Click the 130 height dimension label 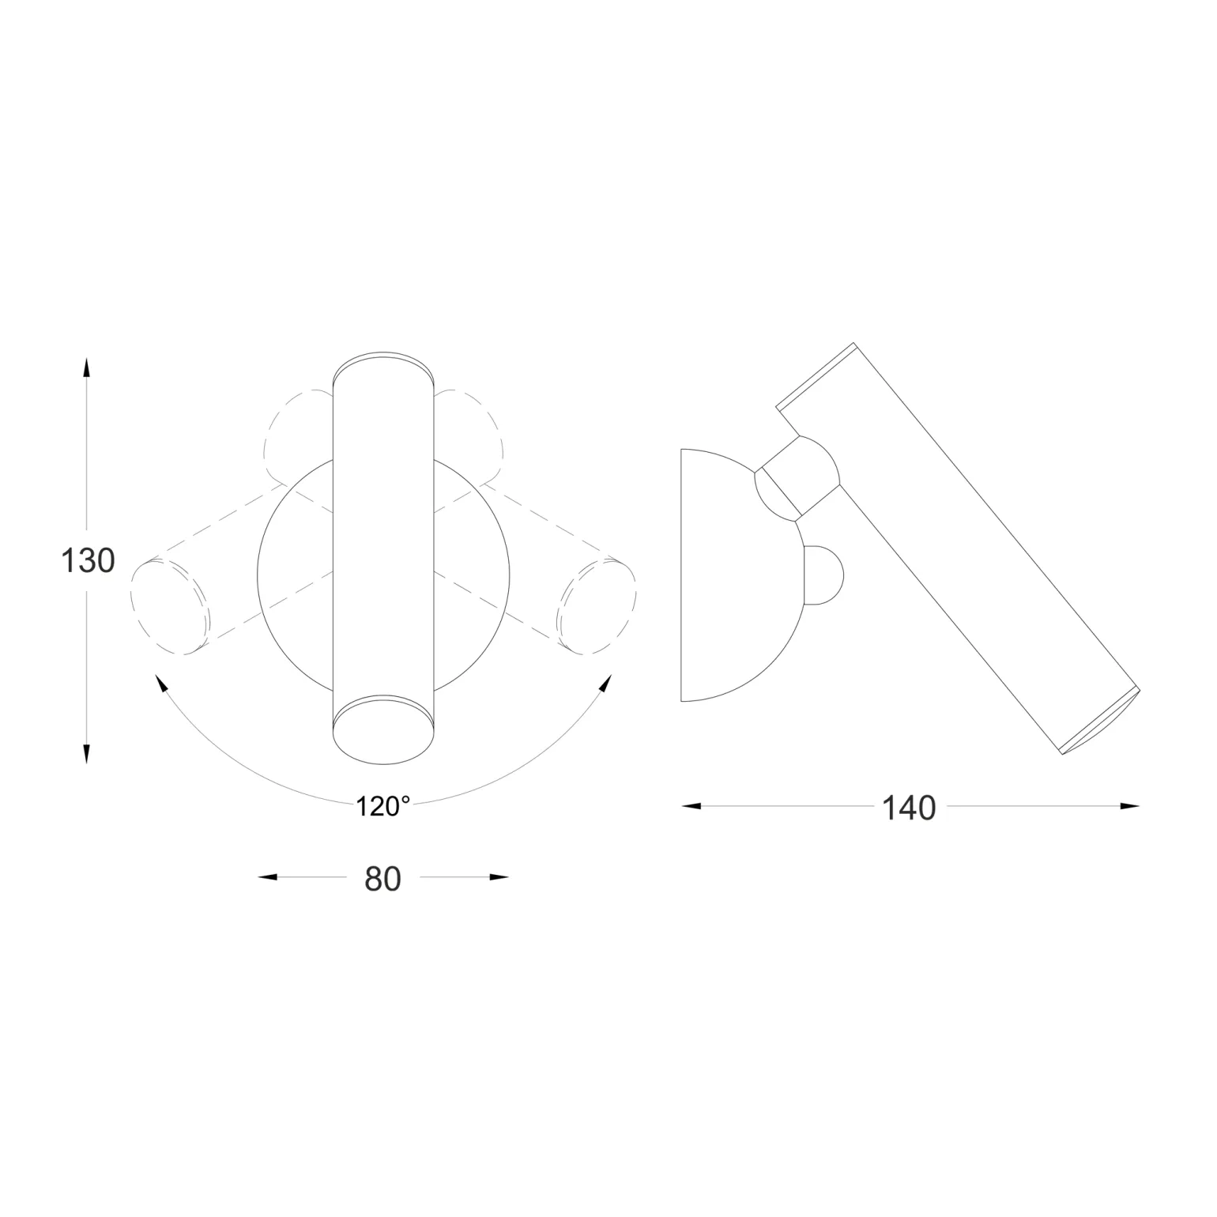point(88,561)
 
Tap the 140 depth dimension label point(909,808)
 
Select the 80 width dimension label point(382,879)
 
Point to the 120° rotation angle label point(382,807)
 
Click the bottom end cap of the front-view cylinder point(383,731)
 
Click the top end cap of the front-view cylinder point(383,367)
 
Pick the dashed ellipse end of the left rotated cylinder point(171,606)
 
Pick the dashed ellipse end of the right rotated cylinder point(596,606)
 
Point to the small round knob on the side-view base point(824,575)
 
